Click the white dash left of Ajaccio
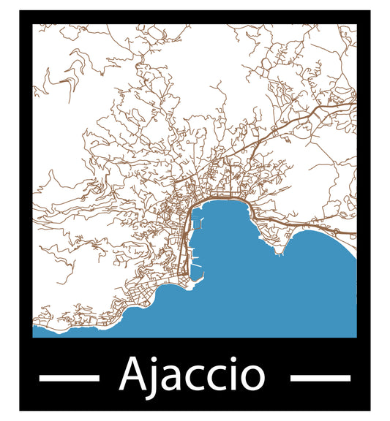69,378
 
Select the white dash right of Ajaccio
320,378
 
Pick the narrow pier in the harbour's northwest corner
197,226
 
